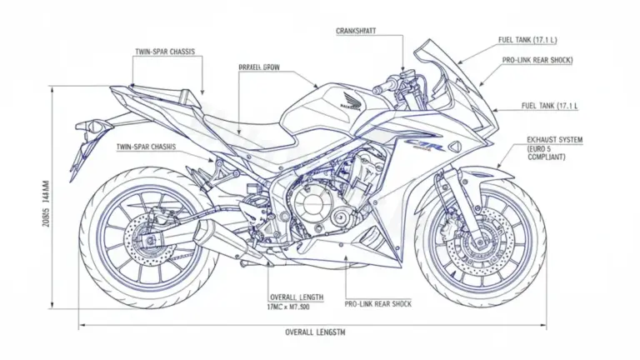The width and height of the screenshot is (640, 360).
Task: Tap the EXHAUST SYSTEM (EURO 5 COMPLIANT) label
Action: point(554,147)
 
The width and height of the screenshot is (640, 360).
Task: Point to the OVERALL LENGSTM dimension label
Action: point(317,332)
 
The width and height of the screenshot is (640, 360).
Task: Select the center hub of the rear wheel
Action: point(149,238)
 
